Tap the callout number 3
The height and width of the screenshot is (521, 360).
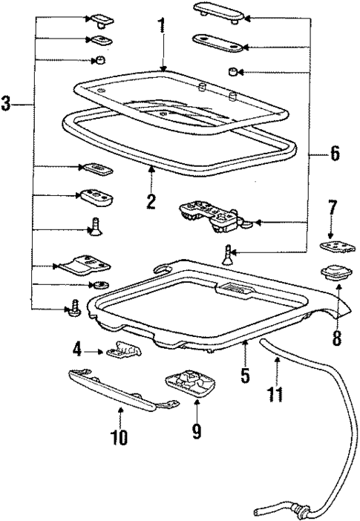click(7, 105)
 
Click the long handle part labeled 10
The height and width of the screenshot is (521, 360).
click(122, 389)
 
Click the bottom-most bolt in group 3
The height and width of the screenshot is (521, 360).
click(74, 309)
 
